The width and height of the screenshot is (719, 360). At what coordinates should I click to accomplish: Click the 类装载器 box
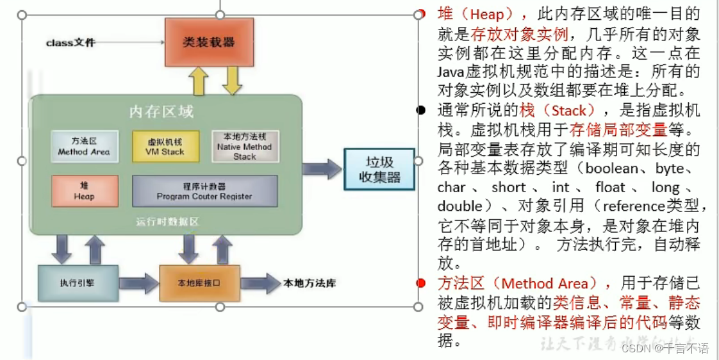(x=209, y=42)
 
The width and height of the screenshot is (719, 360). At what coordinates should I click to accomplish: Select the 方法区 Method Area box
(x=84, y=147)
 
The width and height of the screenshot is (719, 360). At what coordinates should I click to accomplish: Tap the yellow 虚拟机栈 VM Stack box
(x=165, y=147)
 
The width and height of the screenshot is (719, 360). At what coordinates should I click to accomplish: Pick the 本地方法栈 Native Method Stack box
(x=245, y=147)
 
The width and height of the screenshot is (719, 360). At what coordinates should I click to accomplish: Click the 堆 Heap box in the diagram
(x=84, y=191)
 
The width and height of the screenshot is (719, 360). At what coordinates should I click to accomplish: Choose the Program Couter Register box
(x=204, y=191)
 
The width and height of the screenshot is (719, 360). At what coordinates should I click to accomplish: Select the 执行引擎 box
(x=78, y=282)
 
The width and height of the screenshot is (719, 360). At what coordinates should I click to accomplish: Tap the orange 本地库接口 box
(x=199, y=282)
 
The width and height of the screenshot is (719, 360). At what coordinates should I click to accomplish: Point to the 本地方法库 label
(x=310, y=282)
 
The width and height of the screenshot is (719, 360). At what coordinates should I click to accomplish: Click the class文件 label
(x=70, y=43)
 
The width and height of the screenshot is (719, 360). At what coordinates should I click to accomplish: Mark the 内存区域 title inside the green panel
(x=161, y=112)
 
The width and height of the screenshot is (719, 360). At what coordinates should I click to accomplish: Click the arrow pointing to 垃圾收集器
(x=322, y=169)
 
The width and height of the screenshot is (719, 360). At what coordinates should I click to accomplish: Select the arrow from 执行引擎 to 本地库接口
(x=138, y=282)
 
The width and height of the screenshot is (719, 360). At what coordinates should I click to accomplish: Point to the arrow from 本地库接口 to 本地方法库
(x=260, y=282)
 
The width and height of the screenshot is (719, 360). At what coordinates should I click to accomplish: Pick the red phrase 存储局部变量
(x=618, y=129)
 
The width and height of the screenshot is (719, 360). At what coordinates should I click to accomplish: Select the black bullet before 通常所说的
(x=421, y=110)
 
